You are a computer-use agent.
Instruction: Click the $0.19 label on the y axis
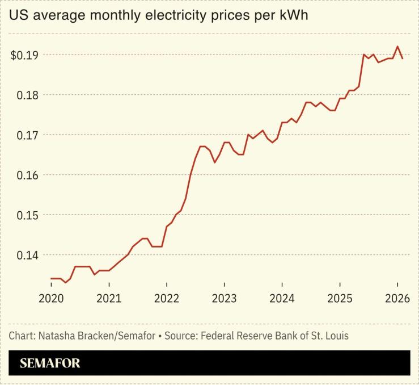pos(24,55)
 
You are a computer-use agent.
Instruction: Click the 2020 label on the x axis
pos(51,298)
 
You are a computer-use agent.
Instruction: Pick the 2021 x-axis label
pos(109,298)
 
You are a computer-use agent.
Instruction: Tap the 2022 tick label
pos(167,298)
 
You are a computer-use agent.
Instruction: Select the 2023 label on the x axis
pos(225,298)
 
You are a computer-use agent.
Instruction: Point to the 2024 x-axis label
pos(282,298)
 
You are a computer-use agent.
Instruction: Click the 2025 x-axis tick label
pos(340,298)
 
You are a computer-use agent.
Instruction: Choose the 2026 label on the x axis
pos(397,298)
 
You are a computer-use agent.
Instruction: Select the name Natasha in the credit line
pos(55,336)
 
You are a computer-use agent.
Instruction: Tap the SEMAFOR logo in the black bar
pos(50,363)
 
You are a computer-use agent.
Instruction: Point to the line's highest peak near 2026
pos(397,47)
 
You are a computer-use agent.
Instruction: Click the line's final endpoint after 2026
pos(403,58)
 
